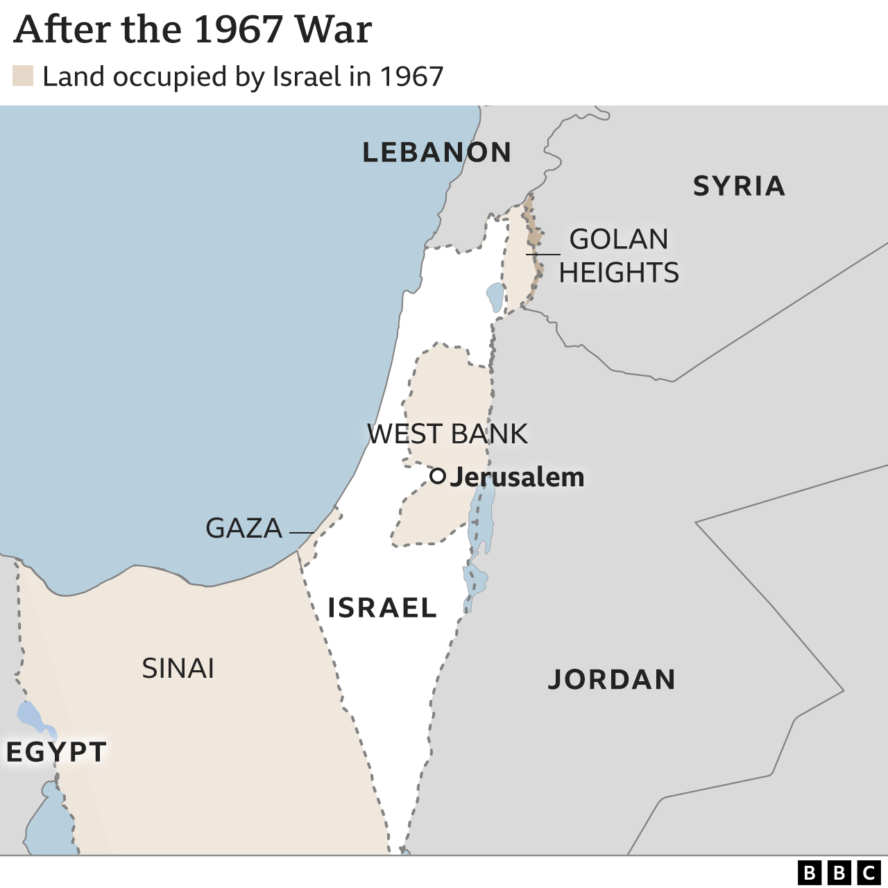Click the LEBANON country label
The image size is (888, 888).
coord(436,153)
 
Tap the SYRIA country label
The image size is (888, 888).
coord(739,186)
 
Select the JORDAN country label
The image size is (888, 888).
coord(612,679)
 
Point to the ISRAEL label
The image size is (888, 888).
coord(382,608)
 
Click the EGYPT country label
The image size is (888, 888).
coord(56,752)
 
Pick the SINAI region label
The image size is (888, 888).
coord(178,668)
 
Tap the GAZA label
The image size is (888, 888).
coord(244,529)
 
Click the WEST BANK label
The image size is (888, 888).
coord(447,434)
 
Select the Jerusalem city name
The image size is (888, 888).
coord(517,477)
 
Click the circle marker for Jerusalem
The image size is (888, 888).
coord(437,476)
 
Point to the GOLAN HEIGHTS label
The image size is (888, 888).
coord(619,256)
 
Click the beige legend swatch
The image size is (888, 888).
coord(23,76)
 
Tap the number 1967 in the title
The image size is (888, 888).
coord(238,31)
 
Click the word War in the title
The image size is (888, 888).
coord(333,31)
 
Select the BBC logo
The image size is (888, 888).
coord(838,872)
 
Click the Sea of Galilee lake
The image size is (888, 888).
coord(495,297)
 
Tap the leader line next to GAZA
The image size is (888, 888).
coord(301,533)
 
